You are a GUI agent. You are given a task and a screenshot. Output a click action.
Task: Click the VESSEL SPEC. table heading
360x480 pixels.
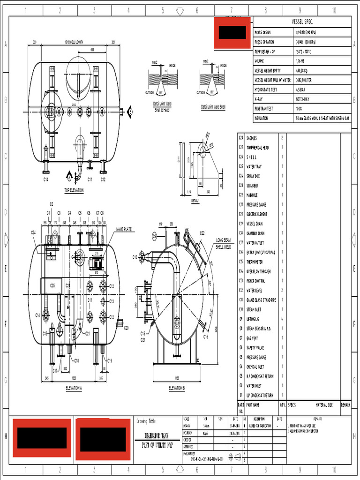[301, 22]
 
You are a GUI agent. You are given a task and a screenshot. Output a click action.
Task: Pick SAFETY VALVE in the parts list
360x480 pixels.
[255, 348]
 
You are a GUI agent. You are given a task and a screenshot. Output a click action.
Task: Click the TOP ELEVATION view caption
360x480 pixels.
[74, 190]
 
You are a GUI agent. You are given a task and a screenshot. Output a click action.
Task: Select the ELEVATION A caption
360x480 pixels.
[74, 388]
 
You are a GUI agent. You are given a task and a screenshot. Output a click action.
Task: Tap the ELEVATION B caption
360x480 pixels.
[177, 388]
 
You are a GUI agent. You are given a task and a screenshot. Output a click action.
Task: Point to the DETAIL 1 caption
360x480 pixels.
[195, 200]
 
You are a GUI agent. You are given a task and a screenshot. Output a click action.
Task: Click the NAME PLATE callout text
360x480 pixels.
[124, 229]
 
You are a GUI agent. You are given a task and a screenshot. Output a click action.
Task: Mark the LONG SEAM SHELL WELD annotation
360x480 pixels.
[223, 243]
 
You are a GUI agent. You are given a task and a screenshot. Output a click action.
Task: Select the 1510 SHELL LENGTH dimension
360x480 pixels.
[74, 42]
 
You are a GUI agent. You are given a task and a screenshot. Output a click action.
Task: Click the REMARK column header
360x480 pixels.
[345, 405]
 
